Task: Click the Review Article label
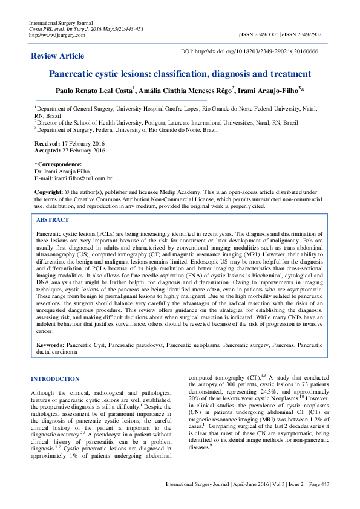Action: coord(57,56)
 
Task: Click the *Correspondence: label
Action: coord(58,164)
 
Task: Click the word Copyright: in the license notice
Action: coord(48,191)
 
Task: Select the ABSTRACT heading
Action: coord(53,220)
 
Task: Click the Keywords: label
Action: coord(50,344)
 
